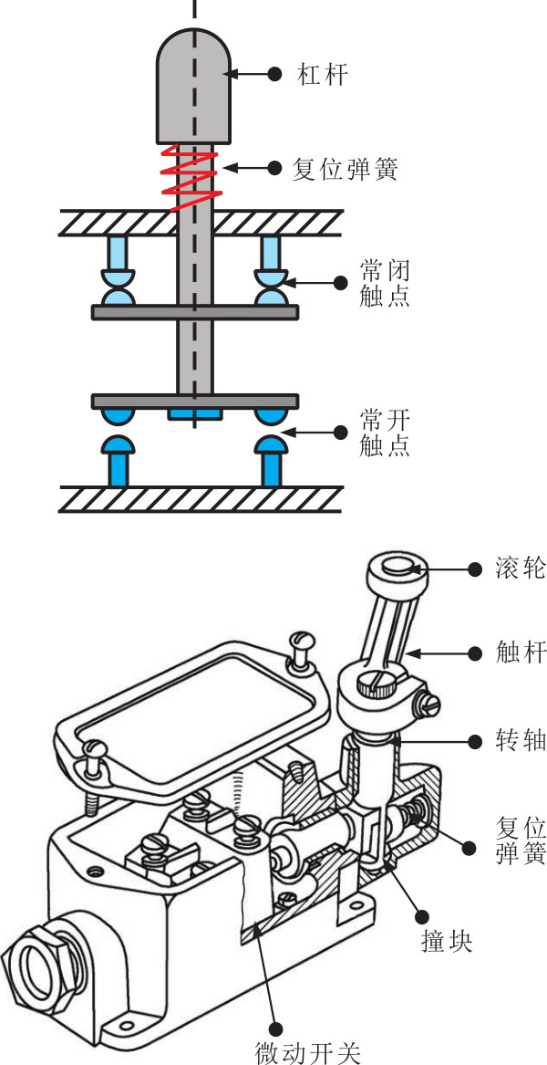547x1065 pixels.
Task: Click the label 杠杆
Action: click(323, 74)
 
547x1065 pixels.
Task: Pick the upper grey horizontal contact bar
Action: click(195, 312)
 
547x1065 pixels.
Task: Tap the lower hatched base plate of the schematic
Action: click(201, 498)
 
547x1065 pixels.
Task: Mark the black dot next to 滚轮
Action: click(474, 569)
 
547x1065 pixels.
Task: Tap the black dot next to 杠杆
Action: click(274, 74)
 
